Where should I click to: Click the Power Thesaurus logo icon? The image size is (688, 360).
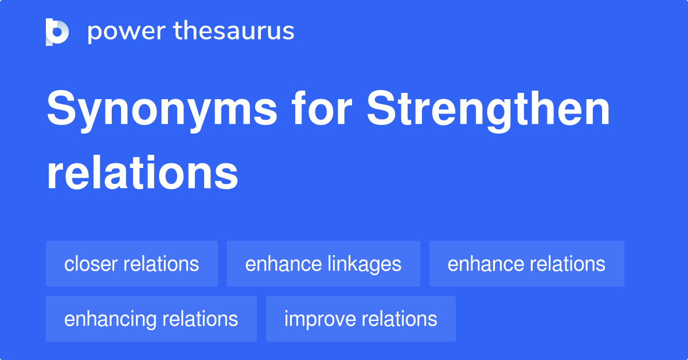point(57,32)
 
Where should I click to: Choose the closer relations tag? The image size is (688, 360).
point(132,264)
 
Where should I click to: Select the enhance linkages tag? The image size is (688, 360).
point(323,264)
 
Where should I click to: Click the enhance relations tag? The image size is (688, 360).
point(526,264)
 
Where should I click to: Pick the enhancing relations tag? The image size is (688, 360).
point(151,319)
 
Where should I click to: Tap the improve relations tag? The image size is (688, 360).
point(361,319)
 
